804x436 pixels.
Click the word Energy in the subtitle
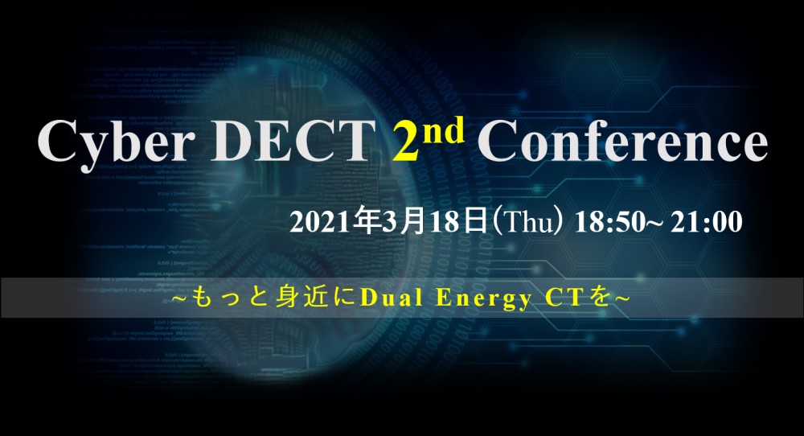482,299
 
